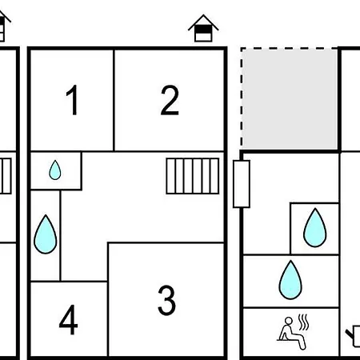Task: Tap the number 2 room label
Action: click(170, 100)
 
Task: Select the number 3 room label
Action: click(166, 300)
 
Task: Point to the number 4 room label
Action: click(68, 319)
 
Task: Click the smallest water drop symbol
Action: click(55, 170)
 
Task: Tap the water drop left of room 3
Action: click(46, 234)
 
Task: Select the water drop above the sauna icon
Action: click(290, 280)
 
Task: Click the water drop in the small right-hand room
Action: click(315, 228)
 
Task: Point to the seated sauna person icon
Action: click(292, 333)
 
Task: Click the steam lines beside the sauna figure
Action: click(303, 322)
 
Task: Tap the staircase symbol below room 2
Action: click(193, 176)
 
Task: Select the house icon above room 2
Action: click(203, 28)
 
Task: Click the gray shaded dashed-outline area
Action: click(290, 98)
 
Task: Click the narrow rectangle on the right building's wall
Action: click(242, 184)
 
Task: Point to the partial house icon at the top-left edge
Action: click(3, 26)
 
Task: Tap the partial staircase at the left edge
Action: click(6, 176)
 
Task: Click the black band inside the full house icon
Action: click(203, 29)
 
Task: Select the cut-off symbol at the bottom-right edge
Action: click(354, 337)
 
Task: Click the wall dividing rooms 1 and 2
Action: click(114, 100)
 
